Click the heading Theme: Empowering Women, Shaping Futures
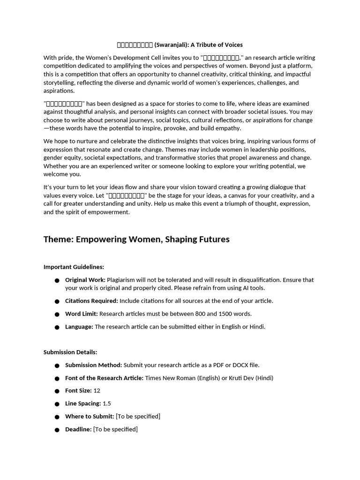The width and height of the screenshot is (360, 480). click(x=136, y=240)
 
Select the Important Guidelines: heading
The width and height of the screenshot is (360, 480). click(x=74, y=267)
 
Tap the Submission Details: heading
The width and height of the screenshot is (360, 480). click(x=70, y=352)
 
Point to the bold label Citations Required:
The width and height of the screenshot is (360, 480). click(x=91, y=301)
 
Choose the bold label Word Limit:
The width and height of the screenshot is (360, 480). click(x=81, y=314)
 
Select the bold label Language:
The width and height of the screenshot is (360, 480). click(x=79, y=327)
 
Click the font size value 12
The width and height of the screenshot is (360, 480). click(x=97, y=390)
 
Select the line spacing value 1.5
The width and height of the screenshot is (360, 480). click(x=107, y=404)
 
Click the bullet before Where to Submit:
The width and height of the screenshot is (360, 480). click(x=57, y=417)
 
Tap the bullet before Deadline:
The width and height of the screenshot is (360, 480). click(x=57, y=430)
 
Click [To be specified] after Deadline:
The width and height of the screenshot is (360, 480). click(x=115, y=429)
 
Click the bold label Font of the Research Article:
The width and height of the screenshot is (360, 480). click(x=104, y=378)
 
